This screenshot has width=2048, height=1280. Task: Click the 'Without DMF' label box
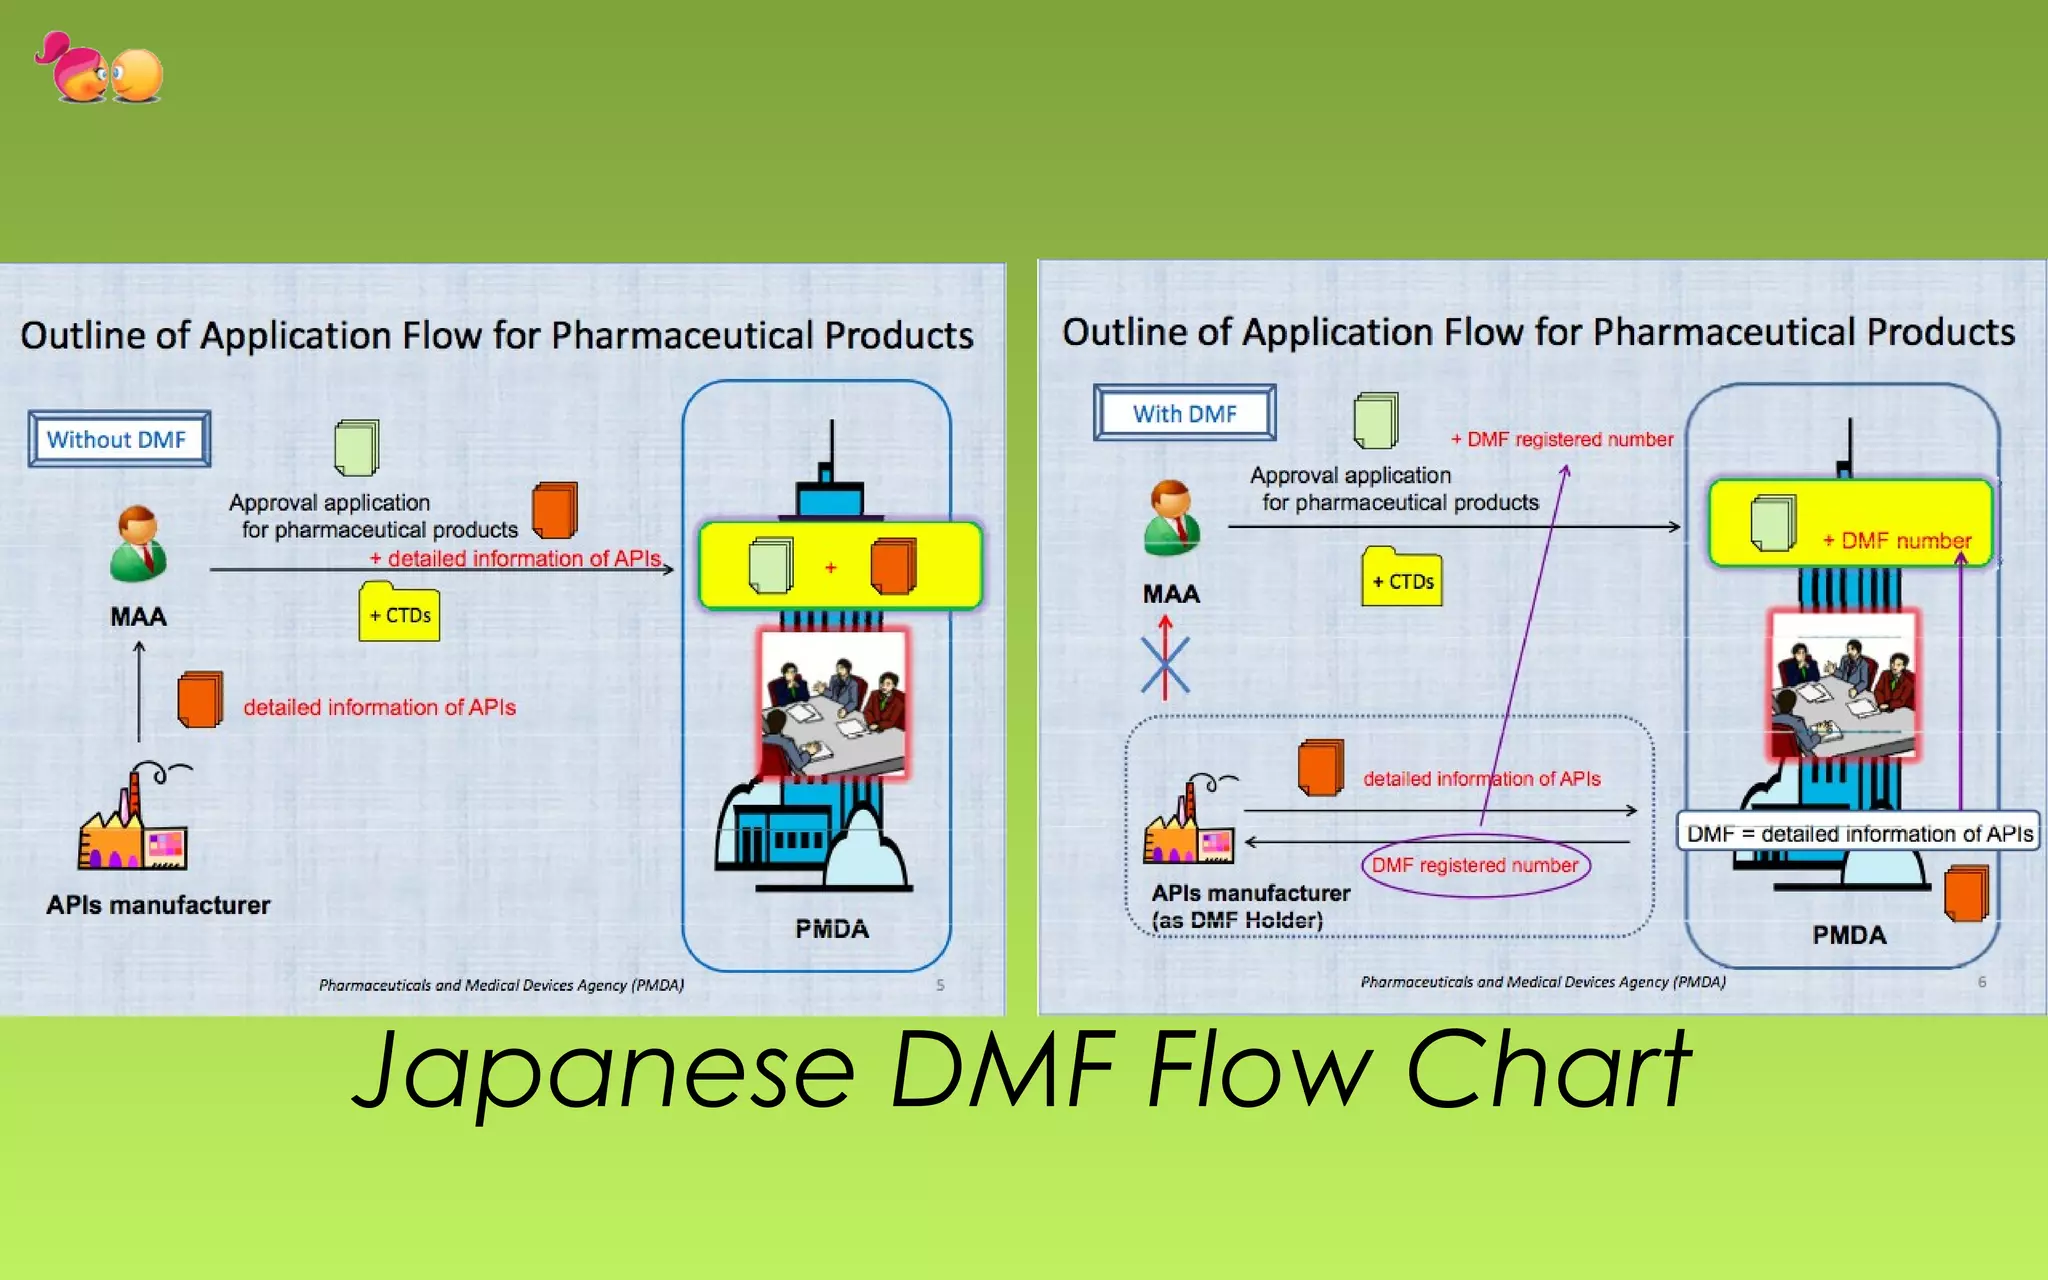tap(118, 439)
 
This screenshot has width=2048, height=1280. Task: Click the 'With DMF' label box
tap(1184, 413)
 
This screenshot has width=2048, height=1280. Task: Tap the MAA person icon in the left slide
tap(138, 544)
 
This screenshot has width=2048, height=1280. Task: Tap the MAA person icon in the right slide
tap(1171, 517)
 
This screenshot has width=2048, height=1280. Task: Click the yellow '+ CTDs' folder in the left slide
tap(399, 612)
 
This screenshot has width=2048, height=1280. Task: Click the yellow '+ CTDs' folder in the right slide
tap(1401, 578)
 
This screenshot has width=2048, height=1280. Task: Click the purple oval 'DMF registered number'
tap(1474, 865)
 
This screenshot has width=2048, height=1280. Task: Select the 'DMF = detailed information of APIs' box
tap(1858, 833)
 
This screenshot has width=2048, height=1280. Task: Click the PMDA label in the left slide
tap(831, 929)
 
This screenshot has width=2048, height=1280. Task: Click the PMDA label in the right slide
tap(1849, 935)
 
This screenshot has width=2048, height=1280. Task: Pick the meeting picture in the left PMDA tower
tap(834, 703)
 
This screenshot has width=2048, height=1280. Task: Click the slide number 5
tap(940, 985)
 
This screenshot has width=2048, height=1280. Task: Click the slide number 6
tap(1982, 982)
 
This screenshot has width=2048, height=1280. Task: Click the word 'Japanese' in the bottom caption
tap(604, 1072)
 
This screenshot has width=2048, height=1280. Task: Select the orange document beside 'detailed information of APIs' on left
tap(199, 699)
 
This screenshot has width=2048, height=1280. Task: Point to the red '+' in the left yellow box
tap(830, 567)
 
